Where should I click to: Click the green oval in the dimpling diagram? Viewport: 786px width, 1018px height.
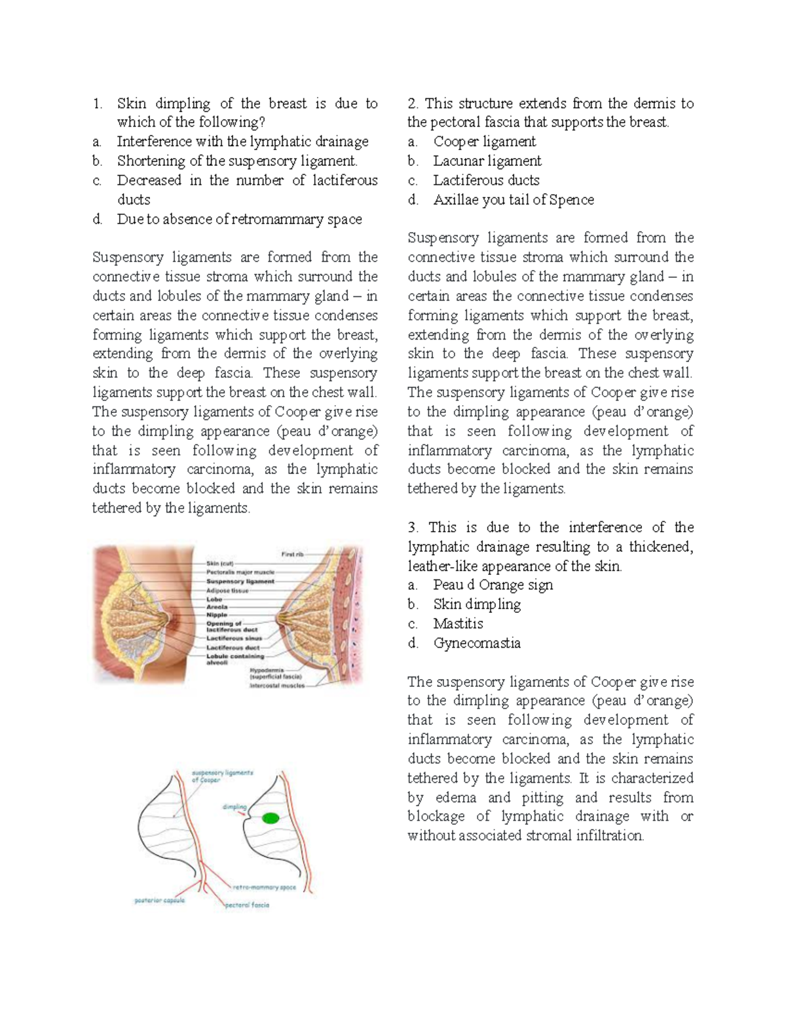tap(270, 817)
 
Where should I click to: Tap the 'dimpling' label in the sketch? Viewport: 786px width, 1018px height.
tap(234, 808)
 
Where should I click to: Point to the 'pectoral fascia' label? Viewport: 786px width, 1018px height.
tap(247, 905)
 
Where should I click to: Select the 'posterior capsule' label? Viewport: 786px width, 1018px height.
tap(159, 900)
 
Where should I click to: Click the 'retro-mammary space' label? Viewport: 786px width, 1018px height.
tap(265, 887)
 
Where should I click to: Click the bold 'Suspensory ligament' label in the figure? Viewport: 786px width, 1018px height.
tap(240, 581)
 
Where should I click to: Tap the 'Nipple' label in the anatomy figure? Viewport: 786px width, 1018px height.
tap(217, 615)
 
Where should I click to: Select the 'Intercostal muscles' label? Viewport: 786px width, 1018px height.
tap(277, 686)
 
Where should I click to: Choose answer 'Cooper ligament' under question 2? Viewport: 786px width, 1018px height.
tap(484, 142)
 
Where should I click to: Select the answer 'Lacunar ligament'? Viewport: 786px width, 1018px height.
tap(487, 161)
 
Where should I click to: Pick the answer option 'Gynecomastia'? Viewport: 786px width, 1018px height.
tap(477, 643)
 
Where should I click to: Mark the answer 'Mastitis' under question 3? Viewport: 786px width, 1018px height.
tap(458, 623)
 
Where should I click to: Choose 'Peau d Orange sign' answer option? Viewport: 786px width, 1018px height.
tap(493, 585)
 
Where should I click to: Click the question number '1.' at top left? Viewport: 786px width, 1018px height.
tap(98, 104)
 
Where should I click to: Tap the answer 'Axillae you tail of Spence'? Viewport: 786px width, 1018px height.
tap(514, 200)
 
